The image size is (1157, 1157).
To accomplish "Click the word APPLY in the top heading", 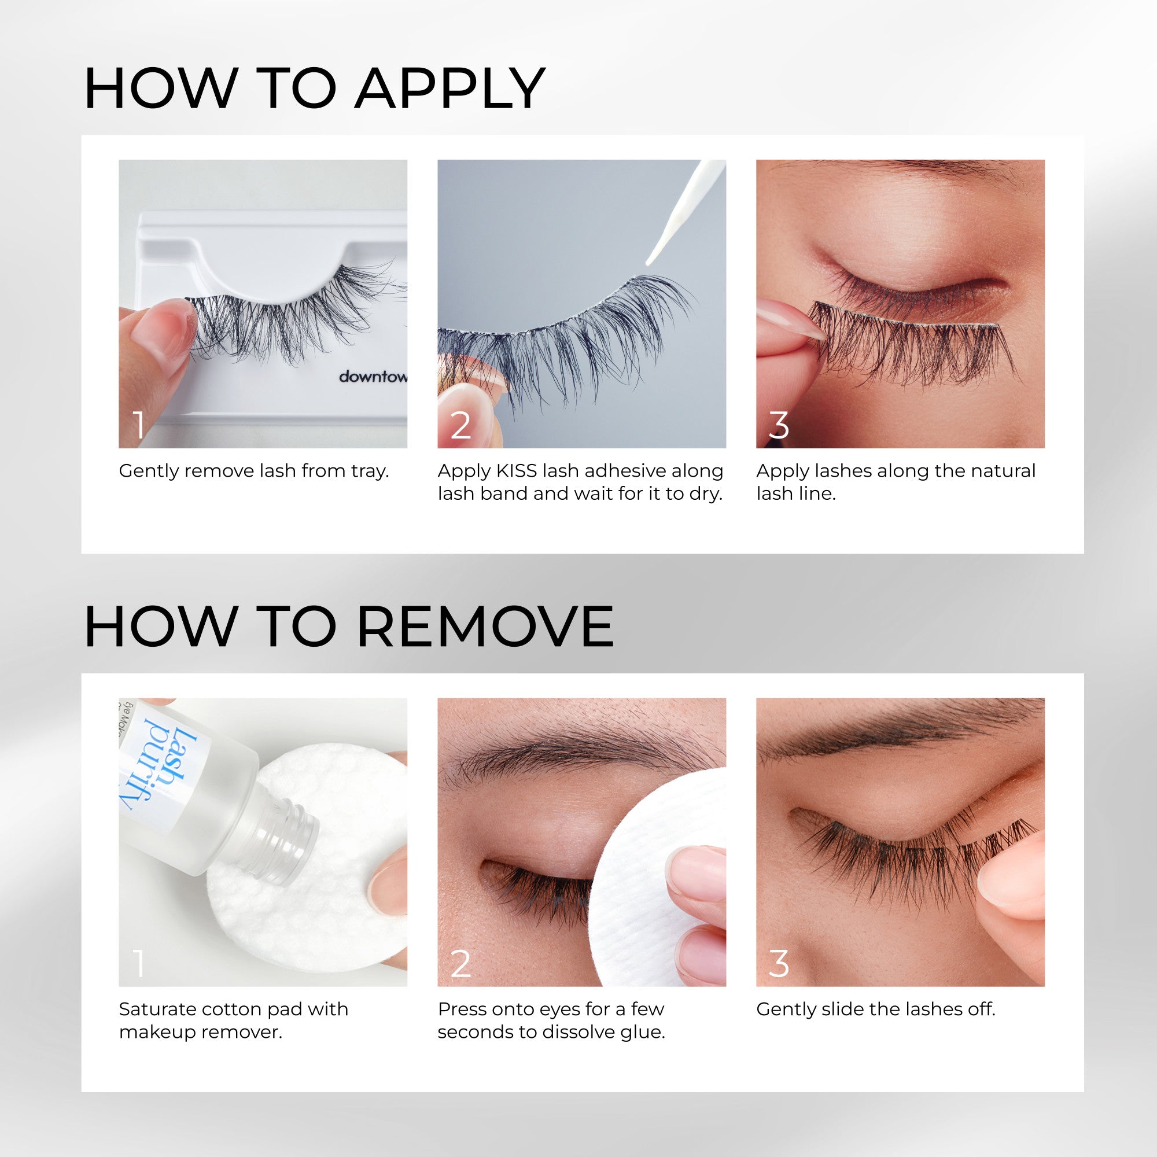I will click(449, 90).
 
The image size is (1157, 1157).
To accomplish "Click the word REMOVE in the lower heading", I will click(485, 627).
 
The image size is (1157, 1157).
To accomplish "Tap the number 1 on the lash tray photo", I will click(139, 425).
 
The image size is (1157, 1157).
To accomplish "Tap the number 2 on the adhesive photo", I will click(460, 425).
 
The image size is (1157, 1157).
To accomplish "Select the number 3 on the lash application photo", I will click(779, 425).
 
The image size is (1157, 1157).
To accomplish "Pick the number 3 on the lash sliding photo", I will click(779, 964).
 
